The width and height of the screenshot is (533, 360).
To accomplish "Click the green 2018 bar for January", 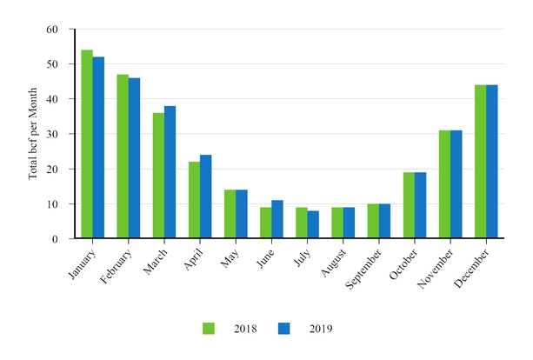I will click(87, 144).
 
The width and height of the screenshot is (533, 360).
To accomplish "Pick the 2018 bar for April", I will click(194, 200).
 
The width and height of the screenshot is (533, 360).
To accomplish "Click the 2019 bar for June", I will click(276, 219).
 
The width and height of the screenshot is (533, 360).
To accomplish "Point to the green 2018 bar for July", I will click(301, 223).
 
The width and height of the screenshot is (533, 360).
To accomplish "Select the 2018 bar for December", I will click(479, 162).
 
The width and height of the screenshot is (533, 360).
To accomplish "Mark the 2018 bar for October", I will click(408, 205).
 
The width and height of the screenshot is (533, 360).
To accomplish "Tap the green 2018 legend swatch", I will click(209, 329).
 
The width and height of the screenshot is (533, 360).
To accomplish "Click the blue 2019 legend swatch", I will click(283, 329).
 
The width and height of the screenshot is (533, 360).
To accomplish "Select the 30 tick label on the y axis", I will click(51, 134).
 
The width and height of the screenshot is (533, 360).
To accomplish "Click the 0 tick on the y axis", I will click(54, 238).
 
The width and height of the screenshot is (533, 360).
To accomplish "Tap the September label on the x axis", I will click(358, 265).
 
